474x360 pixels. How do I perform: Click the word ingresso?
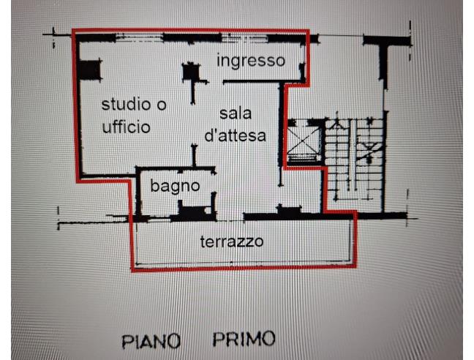(251, 61)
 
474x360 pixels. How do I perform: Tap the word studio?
(127, 105)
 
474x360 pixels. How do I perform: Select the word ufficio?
(127, 127)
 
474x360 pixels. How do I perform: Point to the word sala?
(236, 113)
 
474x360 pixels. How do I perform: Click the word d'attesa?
(236, 135)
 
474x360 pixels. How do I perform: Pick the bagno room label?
(175, 187)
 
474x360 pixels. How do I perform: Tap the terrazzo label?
(232, 241)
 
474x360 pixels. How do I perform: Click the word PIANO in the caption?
(151, 341)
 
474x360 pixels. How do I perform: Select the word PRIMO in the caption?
(244, 339)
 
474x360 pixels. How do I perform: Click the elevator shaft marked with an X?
(304, 141)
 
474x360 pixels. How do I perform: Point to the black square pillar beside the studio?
(90, 70)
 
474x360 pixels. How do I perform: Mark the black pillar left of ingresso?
(191, 72)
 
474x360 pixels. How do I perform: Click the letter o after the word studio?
(162, 105)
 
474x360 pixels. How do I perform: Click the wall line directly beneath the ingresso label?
(263, 82)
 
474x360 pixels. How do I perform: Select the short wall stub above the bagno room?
(194, 155)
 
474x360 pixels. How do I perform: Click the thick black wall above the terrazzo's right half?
(298, 217)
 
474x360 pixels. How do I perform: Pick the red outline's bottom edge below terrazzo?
(244, 268)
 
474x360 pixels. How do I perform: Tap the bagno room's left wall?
(138, 192)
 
